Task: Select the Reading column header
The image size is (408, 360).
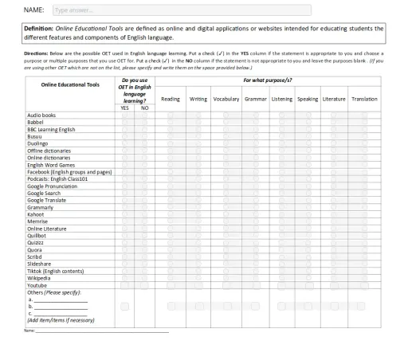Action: pyautogui.click(x=171, y=99)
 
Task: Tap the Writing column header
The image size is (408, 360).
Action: pyautogui.click(x=198, y=99)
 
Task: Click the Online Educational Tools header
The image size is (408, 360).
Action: pyautogui.click(x=70, y=98)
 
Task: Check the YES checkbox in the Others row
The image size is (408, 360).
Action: pyautogui.click(x=124, y=306)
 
